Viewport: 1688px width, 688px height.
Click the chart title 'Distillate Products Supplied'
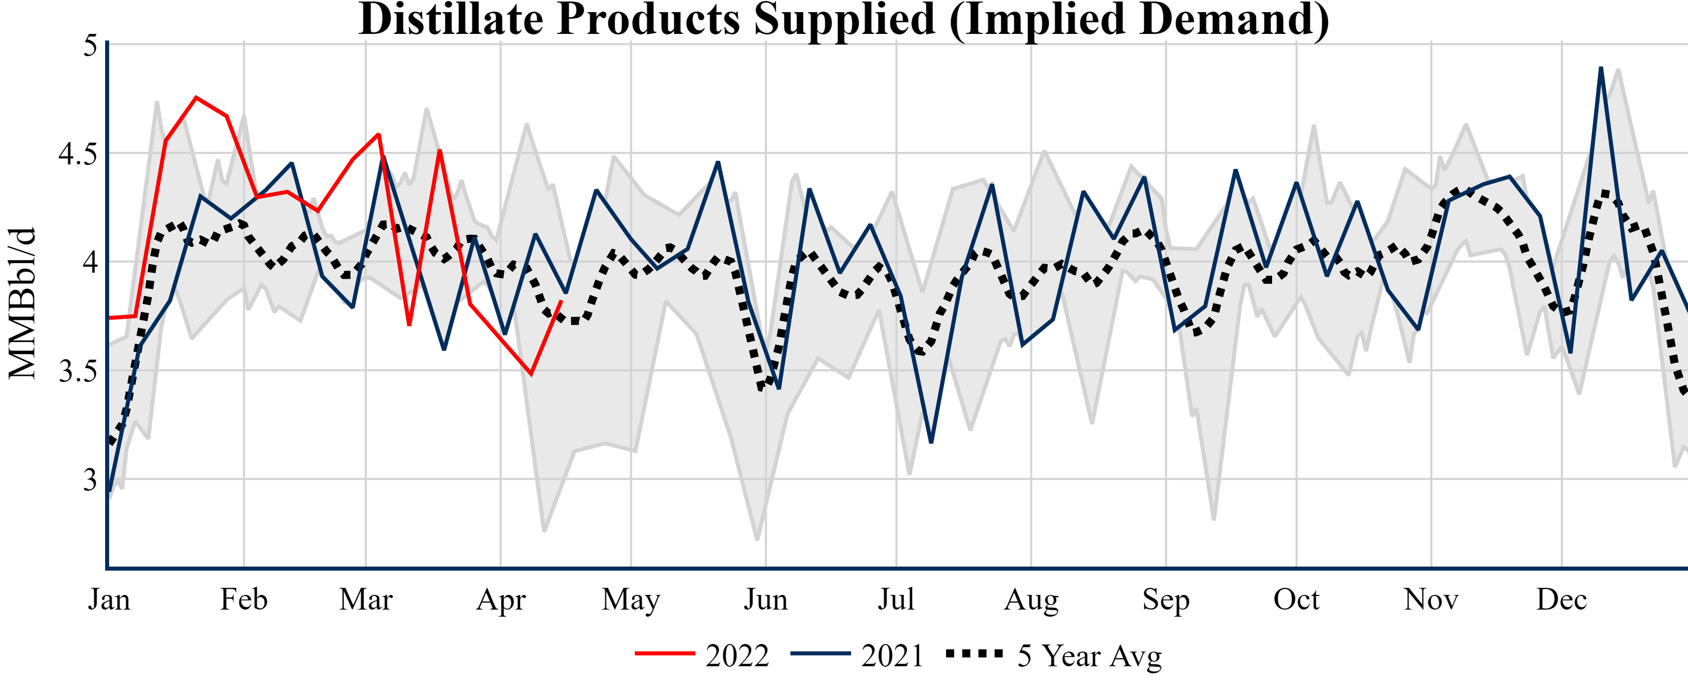point(844,20)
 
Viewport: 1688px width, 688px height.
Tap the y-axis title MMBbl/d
point(22,303)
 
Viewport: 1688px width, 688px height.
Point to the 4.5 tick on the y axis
point(77,154)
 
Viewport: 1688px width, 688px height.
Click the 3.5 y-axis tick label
point(77,371)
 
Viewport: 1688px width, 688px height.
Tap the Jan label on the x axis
point(109,599)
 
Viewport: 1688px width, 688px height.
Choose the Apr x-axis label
point(501,599)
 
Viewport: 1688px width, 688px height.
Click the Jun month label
point(765,599)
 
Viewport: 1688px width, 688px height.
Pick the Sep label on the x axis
point(1166,599)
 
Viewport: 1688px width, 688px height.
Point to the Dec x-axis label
point(1562,599)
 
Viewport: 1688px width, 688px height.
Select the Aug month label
point(1031,599)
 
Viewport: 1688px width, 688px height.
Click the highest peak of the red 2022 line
point(196,98)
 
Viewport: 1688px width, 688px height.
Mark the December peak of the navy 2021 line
point(1601,68)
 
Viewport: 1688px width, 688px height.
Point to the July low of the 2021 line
point(931,442)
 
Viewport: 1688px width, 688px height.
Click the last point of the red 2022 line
point(561,301)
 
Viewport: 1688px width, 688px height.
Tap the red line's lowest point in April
point(531,374)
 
